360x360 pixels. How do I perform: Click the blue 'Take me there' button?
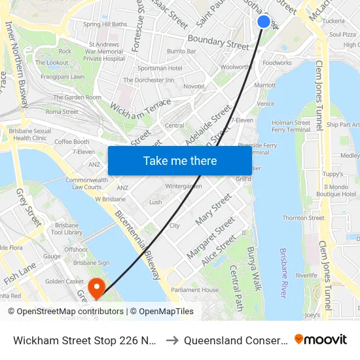pyautogui.click(x=180, y=160)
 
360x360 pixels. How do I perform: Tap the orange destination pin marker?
pyautogui.click(x=97, y=287)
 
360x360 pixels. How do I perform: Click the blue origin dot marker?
pyautogui.click(x=264, y=22)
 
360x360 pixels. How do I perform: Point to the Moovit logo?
pyautogui.click(x=321, y=339)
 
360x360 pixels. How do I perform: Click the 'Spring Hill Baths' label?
pyautogui.click(x=105, y=24)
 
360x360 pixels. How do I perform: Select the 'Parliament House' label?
pyautogui.click(x=194, y=289)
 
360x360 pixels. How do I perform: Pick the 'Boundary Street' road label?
pyautogui.click(x=219, y=43)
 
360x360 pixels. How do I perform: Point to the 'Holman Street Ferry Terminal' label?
pyautogui.click(x=291, y=126)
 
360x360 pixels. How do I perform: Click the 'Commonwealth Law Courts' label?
pyautogui.click(x=86, y=183)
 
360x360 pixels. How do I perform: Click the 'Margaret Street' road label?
pyautogui.click(x=210, y=237)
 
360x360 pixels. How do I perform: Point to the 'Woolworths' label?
pyautogui.click(x=236, y=67)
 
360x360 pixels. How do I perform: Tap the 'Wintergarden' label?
pyautogui.click(x=184, y=186)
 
